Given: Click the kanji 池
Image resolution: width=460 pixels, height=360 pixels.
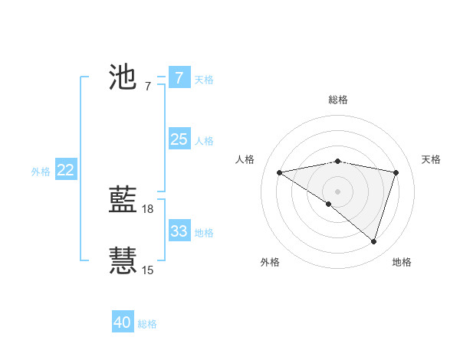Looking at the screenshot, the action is point(123,77).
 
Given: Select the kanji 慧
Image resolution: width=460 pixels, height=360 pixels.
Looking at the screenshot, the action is point(123,260).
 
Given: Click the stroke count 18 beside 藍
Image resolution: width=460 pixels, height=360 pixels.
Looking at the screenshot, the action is point(149,208).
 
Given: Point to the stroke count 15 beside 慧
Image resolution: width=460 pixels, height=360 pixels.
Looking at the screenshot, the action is point(148,270).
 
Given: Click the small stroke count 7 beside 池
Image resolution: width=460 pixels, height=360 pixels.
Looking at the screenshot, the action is point(147,86).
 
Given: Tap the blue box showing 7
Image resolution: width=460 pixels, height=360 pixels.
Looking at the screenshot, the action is point(179,77).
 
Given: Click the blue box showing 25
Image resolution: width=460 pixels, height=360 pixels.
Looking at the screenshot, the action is point(179,139).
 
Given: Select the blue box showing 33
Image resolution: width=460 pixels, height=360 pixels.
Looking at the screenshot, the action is point(179,231).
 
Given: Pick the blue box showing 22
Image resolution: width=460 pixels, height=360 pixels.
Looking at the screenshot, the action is point(65,170).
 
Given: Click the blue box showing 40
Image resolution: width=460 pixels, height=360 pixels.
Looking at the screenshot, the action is point(123,322).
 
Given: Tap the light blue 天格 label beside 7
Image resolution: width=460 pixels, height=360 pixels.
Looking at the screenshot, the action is point(204,79).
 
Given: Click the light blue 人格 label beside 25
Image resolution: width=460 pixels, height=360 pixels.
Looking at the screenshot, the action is point(204,140).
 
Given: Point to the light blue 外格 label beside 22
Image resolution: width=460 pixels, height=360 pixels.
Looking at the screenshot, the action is point(41,172).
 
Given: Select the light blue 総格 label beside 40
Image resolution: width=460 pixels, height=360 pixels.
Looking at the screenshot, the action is point(147,324).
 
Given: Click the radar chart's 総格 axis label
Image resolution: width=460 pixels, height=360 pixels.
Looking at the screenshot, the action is point(337,100).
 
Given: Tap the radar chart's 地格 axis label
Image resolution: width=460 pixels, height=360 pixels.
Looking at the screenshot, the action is point(402,262).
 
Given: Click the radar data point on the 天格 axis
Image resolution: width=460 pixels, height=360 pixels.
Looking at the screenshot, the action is point(396,172).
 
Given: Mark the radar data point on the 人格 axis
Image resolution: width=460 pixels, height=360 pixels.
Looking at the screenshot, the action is point(279,172).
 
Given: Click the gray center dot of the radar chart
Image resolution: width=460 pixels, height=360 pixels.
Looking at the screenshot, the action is point(337,190).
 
